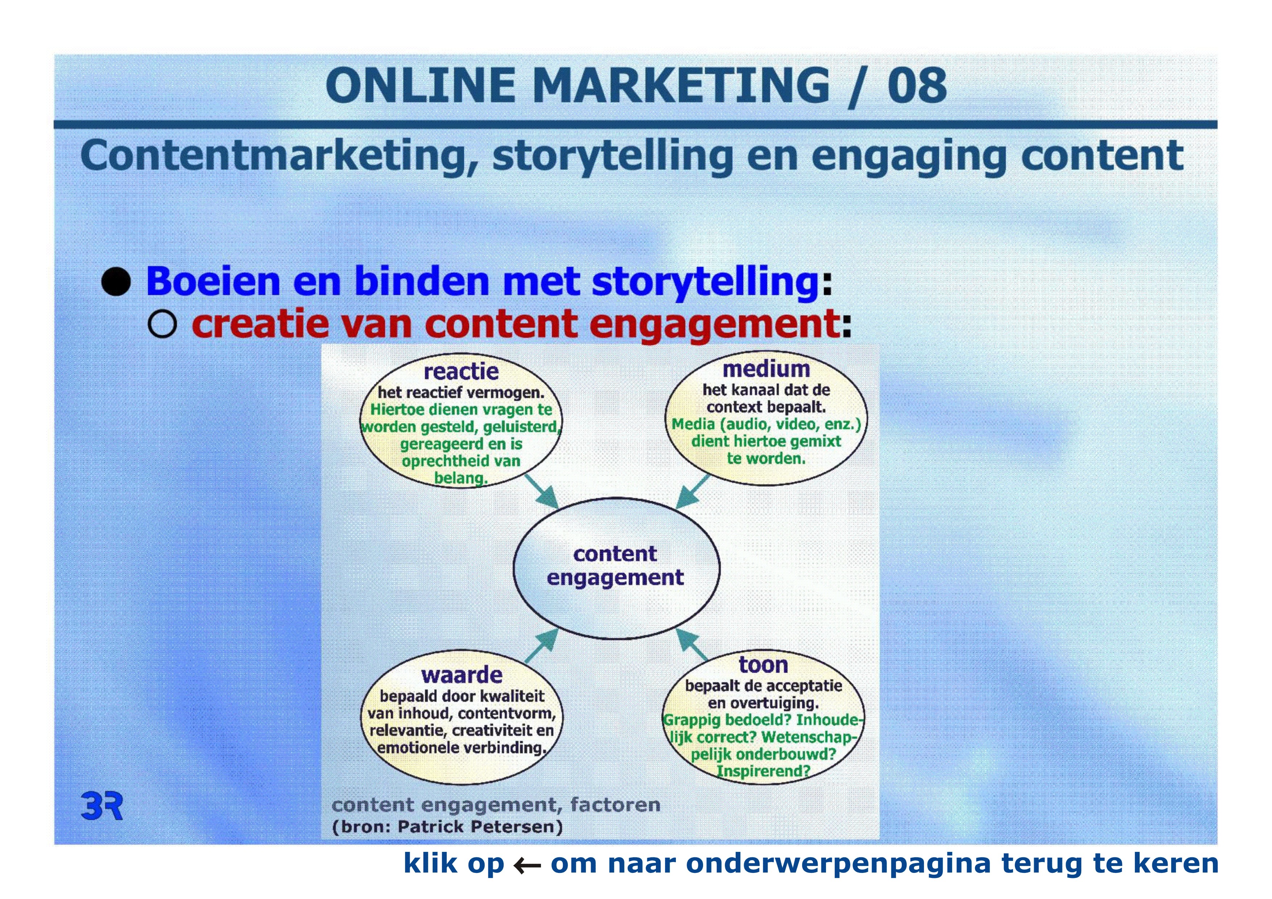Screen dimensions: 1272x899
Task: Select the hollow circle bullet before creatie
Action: tap(162, 324)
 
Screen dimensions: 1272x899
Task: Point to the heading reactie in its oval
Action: tap(461, 371)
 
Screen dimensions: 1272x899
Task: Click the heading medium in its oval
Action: tap(766, 368)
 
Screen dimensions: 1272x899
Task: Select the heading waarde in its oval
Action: tap(462, 675)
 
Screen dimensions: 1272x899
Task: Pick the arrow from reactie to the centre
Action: tap(541, 491)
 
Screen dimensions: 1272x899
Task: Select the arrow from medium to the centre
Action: tap(693, 491)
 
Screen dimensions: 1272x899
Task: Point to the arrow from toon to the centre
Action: tap(692, 644)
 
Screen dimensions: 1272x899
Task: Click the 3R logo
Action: tap(102, 806)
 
